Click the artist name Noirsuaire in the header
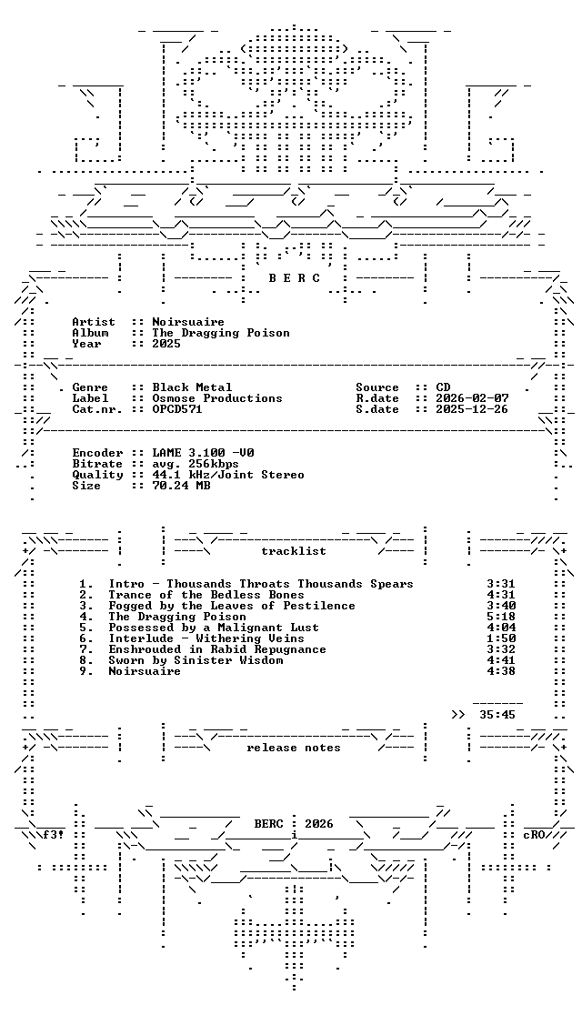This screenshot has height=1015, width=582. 187,322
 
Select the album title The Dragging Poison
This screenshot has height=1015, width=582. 221,333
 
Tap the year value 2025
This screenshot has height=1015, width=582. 166,344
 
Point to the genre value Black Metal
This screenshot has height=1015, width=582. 192,387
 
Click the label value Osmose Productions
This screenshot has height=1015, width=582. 216,398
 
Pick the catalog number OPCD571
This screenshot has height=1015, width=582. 177,409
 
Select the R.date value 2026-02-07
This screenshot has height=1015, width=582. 472,398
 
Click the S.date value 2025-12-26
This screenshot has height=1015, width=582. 472,409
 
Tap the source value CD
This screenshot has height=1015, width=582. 443,387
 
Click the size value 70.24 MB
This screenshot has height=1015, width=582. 181,486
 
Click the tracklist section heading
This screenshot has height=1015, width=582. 293,551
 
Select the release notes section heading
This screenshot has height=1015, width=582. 293,748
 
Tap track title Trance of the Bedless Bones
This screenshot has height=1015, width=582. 206,595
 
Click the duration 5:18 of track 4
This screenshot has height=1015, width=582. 500,617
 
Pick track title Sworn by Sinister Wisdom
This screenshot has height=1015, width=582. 196,660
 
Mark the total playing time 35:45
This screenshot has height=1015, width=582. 497,715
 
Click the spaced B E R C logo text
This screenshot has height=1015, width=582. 294,278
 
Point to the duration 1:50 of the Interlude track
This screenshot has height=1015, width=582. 500,638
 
